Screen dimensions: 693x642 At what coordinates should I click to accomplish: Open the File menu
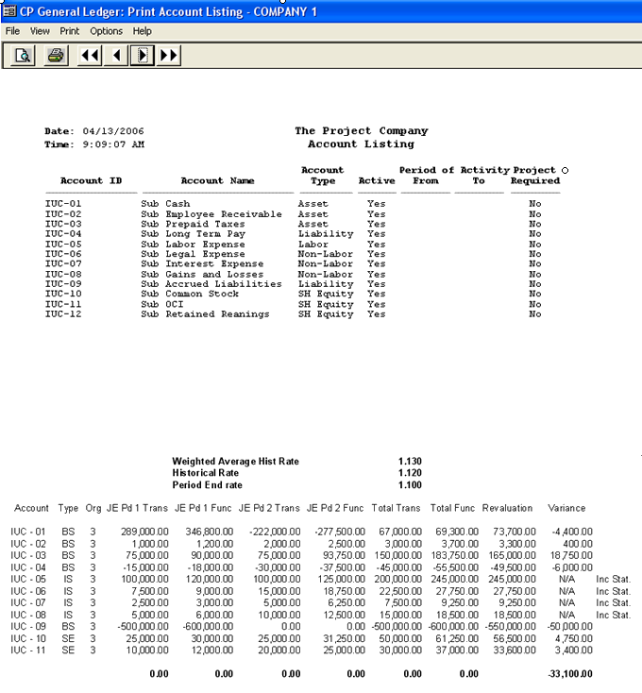coord(12,31)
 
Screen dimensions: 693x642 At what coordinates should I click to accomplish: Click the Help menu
coord(142,31)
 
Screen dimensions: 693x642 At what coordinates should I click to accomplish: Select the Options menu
coord(106,31)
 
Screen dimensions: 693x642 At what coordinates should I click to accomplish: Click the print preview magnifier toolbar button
coord(24,56)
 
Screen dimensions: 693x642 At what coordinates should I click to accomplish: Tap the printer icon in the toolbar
coord(56,56)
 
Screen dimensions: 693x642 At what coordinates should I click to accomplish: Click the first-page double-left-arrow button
coord(90,56)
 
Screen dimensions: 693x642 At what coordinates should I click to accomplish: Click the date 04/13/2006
coord(113,131)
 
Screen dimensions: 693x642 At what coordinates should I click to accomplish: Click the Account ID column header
coord(91,181)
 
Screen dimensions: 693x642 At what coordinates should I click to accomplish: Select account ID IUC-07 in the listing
coord(63,264)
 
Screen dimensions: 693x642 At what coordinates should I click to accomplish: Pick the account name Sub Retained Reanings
coord(205,314)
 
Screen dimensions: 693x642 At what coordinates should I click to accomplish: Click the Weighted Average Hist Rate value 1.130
coord(410,461)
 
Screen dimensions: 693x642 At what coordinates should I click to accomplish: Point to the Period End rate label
coord(207,484)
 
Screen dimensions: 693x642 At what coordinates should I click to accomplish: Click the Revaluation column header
coord(507,508)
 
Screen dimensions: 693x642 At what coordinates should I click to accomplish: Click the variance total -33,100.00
coord(570,674)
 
